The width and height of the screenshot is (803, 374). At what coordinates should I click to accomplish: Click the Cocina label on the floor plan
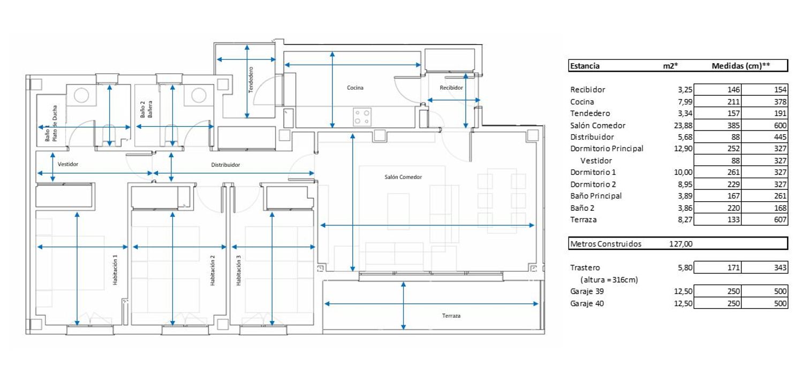355,88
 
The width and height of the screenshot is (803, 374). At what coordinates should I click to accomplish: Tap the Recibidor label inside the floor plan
451,88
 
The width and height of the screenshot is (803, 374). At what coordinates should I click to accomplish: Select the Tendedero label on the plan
251,80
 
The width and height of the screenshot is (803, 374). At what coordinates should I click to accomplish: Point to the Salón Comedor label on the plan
403,177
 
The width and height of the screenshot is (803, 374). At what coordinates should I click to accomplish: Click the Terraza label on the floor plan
451,316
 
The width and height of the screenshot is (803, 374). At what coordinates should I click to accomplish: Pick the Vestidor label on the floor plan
68,164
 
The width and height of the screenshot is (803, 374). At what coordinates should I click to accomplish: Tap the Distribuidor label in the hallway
225,165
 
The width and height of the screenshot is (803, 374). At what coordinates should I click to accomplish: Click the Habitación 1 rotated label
115,270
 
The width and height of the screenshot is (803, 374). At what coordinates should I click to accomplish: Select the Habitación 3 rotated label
239,270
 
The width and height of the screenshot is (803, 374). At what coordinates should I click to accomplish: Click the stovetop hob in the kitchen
362,117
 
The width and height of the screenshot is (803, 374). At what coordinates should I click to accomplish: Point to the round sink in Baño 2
199,95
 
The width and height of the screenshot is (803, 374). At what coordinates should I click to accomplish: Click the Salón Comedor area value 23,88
683,125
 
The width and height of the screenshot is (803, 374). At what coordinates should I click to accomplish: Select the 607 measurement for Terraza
780,219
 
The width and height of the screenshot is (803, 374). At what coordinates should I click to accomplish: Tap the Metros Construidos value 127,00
681,244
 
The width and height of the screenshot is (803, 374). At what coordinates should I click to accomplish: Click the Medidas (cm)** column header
740,66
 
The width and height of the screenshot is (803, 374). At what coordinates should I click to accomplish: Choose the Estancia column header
585,66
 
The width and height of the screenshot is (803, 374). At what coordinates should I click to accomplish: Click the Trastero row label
585,268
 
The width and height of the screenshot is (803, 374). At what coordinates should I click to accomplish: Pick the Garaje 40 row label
587,303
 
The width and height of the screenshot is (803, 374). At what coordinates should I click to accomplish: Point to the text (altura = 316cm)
609,280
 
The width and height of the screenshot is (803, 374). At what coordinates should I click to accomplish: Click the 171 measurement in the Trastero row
733,268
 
